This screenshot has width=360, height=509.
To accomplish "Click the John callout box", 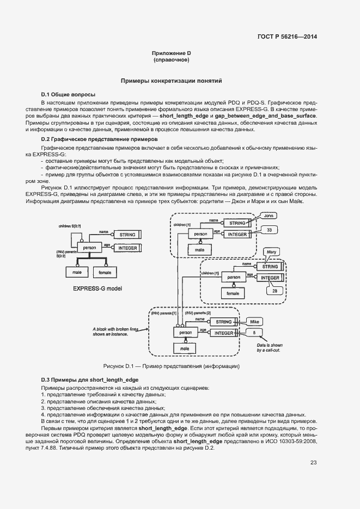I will pyautogui.click(x=267, y=216).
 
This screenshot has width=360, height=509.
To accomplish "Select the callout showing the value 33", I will pyautogui.click(x=269, y=230).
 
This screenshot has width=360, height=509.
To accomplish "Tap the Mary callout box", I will pyautogui.click(x=271, y=252).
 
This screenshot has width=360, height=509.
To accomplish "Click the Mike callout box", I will pyautogui.click(x=257, y=321).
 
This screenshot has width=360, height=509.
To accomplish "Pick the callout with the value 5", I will pyautogui.click(x=254, y=332).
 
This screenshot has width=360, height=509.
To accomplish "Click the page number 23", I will pyautogui.click(x=313, y=463).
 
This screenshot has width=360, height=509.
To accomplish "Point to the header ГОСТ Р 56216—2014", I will pyautogui.click(x=286, y=37).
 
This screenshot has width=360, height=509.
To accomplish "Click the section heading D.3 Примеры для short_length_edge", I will pyautogui.click(x=90, y=379).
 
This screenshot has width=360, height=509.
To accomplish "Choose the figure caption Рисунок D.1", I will pyautogui.click(x=171, y=366).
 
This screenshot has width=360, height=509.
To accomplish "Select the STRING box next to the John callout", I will pyautogui.click(x=237, y=223).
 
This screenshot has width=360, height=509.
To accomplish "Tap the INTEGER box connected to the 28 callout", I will pyautogui.click(x=270, y=278).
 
